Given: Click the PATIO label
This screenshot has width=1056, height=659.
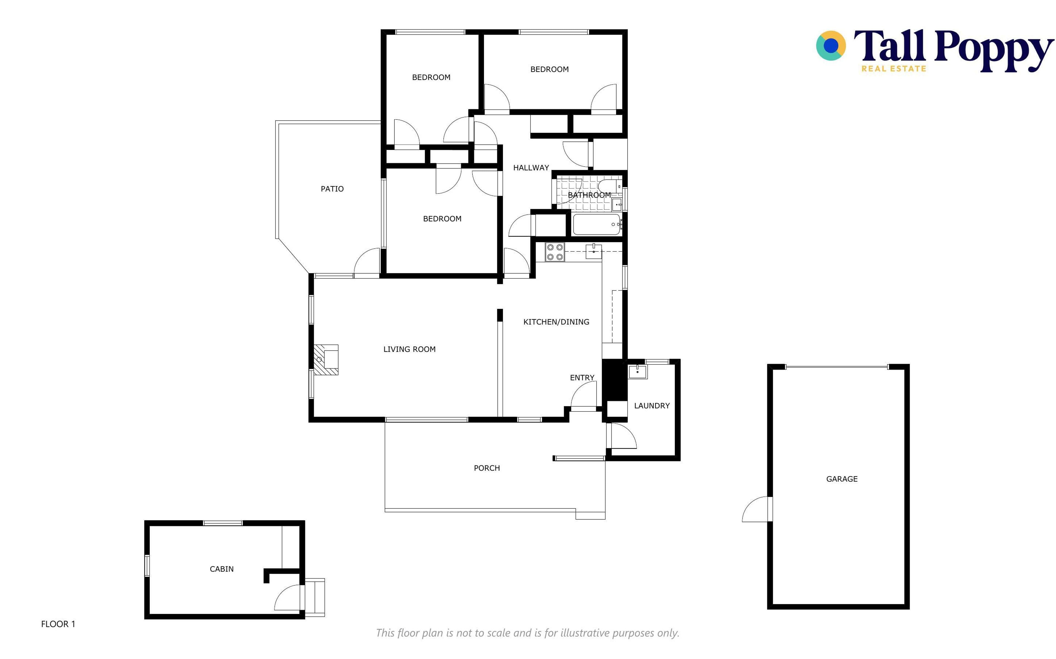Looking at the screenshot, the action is click(332, 189).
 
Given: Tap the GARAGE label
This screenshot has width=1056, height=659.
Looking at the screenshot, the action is click(842, 479).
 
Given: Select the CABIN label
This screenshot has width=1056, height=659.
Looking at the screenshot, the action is click(222, 569).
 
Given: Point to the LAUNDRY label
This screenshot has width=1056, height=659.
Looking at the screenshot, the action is click(652, 406).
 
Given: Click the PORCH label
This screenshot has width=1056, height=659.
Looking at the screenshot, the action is click(487, 468).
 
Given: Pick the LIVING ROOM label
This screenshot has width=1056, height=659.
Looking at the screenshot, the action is click(409, 349).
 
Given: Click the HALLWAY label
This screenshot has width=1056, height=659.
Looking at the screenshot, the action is click(531, 168).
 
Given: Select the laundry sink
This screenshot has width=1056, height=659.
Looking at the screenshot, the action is click(638, 372).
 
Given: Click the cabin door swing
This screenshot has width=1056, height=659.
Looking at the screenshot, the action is click(288, 597).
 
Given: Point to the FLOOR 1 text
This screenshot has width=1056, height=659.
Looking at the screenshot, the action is click(58, 624).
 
